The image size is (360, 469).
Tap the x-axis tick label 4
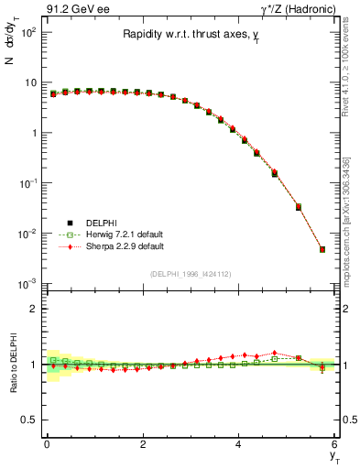pyautogui.click(x=239, y=444)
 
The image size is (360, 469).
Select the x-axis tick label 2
pyautogui.click(x=143, y=444)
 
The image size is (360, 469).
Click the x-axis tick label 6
pyautogui.click(x=334, y=444)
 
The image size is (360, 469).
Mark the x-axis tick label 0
pyautogui.click(x=47, y=444)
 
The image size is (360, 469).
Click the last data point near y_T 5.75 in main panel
pyautogui.click(x=322, y=249)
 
